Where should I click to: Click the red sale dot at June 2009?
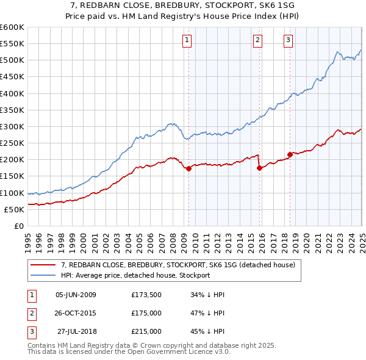point(188,168)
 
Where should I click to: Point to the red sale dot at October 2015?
point(260,168)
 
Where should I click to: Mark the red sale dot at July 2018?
point(290,154)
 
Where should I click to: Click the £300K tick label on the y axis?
point(12,126)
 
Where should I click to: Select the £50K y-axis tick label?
point(14,209)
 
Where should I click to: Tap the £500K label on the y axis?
point(12,60)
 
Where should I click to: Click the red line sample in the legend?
point(43,265)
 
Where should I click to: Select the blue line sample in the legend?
point(43,275)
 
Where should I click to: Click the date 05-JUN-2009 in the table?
point(76,295)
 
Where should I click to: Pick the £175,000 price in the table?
point(146,314)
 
